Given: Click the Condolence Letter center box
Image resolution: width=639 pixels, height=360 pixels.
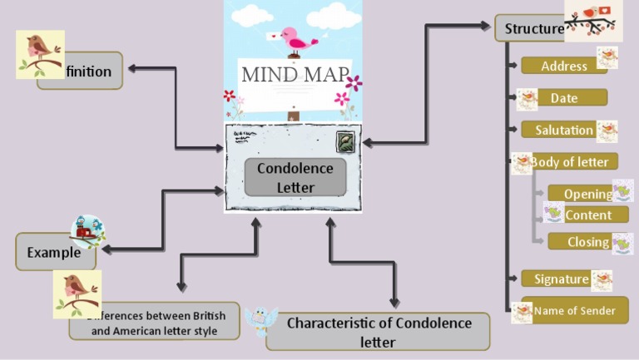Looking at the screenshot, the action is click(295, 177).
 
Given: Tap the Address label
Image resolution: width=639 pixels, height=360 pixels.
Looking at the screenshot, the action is click(564, 67).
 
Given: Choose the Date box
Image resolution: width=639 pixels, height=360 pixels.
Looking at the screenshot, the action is click(564, 98).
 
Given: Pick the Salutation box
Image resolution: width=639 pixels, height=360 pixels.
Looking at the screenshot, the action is click(564, 130).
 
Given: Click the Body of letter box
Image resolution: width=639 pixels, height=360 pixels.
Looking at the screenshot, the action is click(569, 162).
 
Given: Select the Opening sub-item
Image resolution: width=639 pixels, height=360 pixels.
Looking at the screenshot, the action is click(587, 194).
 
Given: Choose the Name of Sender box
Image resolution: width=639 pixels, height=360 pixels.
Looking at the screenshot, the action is click(574, 311).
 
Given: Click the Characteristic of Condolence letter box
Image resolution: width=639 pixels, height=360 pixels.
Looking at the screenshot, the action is click(379, 332).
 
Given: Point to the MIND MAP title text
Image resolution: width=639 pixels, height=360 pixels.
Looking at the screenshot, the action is click(295, 74).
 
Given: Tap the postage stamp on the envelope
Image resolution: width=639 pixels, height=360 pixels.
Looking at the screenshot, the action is click(345, 141).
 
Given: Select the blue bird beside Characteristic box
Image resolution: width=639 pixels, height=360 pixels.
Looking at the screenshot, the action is click(260, 319).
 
